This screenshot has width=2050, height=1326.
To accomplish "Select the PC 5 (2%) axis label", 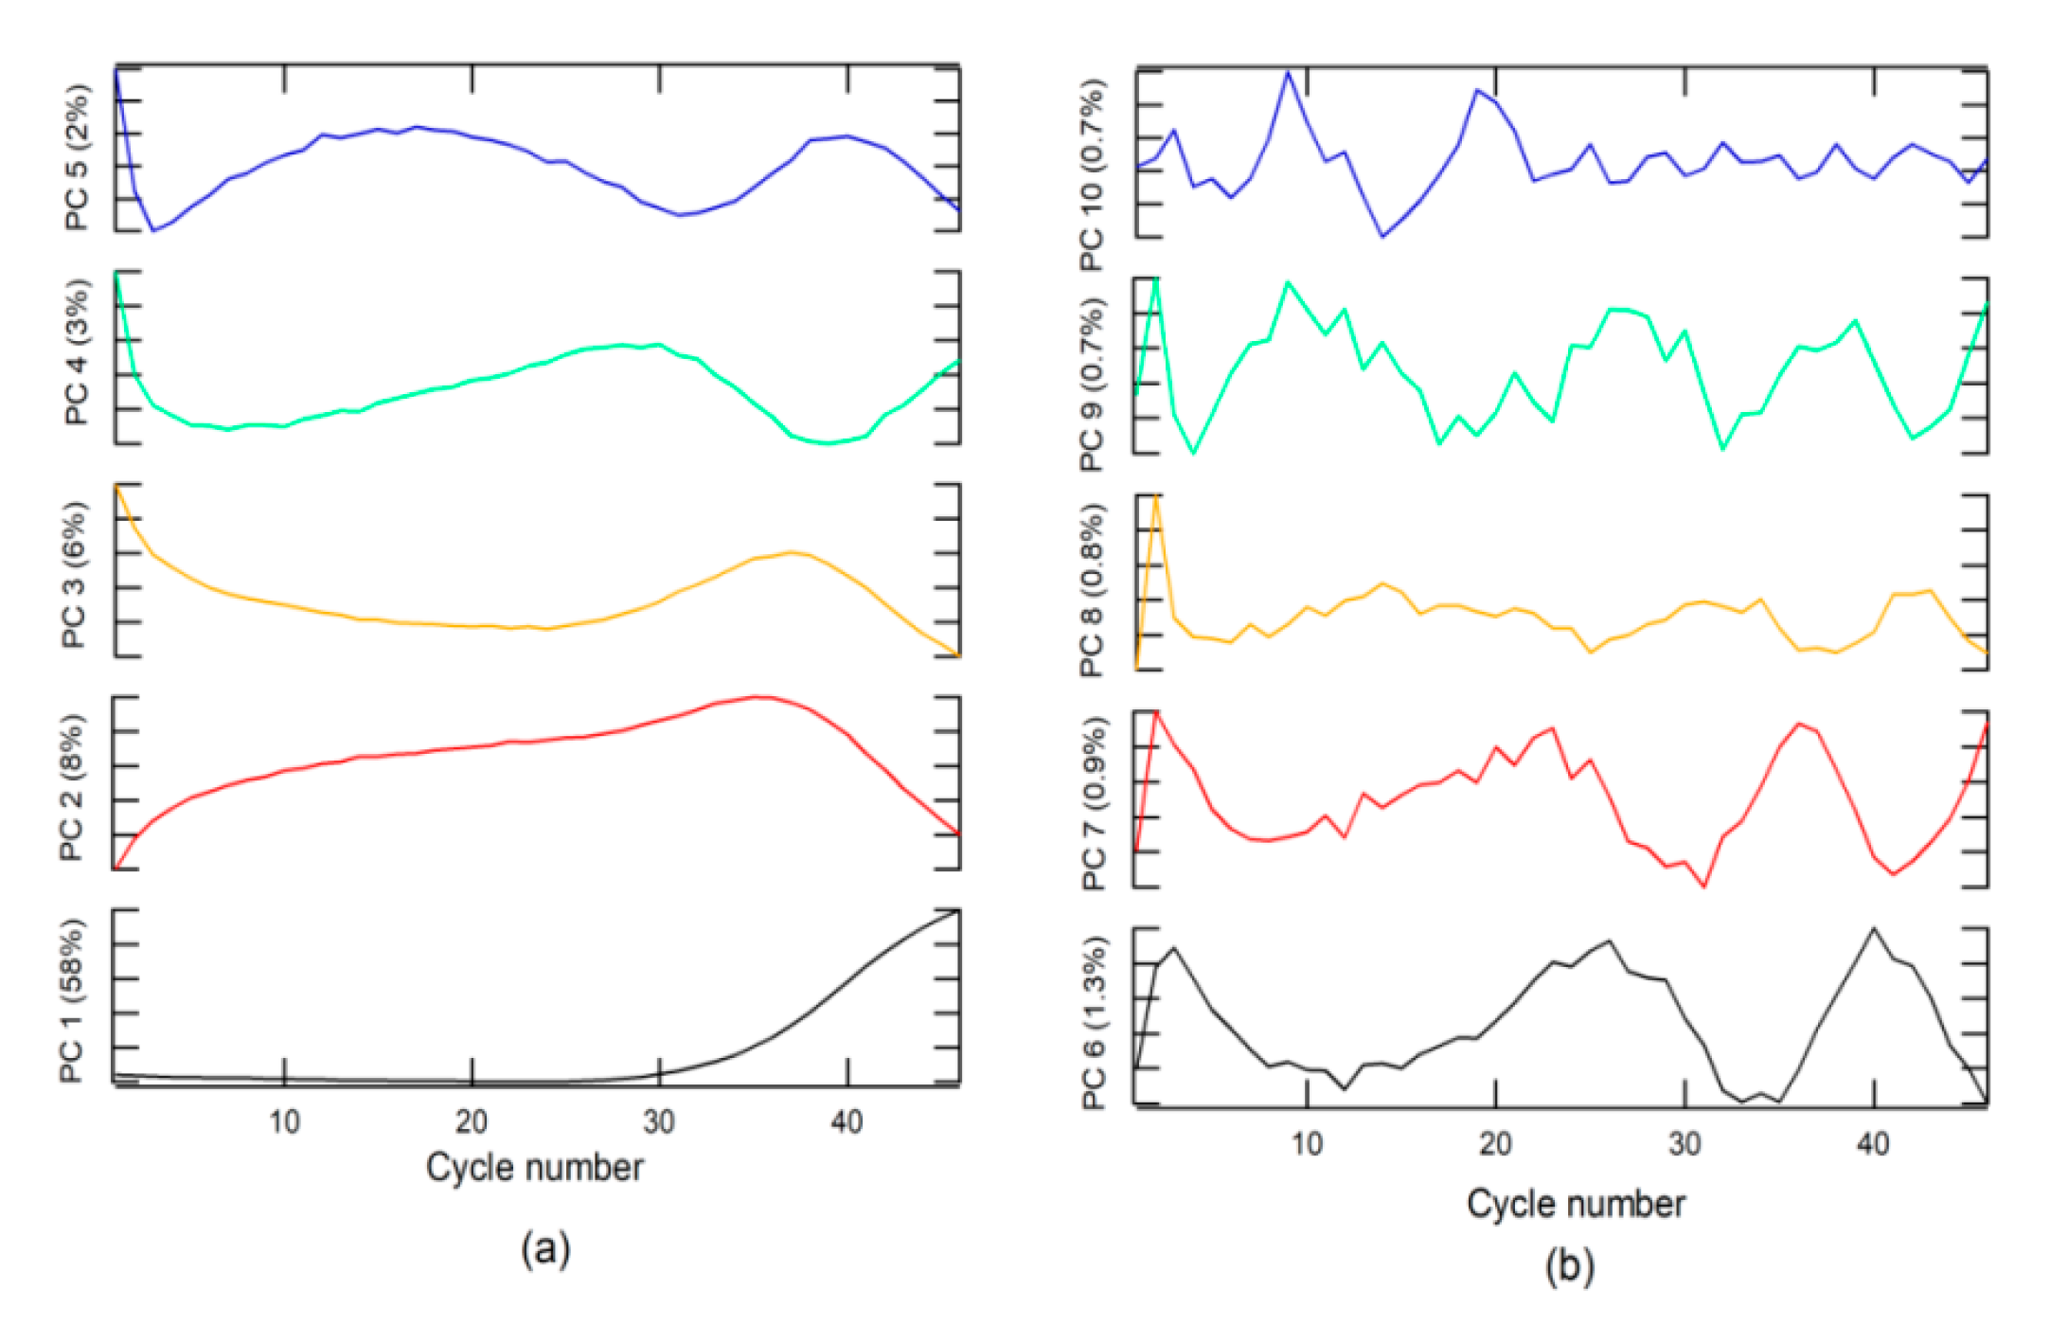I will click(x=76, y=156).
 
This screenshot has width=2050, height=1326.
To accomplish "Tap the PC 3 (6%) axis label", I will click(x=74, y=574).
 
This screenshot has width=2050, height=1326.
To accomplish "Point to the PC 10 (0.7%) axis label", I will click(x=1091, y=175).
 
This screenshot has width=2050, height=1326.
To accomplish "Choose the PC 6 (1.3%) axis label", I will click(x=1093, y=1023).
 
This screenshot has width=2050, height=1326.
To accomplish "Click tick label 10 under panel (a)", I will click(x=284, y=1122).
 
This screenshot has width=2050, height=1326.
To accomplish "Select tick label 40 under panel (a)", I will click(x=847, y=1122).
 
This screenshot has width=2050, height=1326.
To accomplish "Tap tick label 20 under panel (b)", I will click(x=1495, y=1144).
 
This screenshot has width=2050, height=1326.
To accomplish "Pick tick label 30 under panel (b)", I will click(x=1685, y=1144).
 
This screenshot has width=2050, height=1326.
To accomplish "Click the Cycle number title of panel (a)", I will click(x=534, y=1168).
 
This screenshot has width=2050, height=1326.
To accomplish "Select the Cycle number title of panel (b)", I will click(x=1576, y=1204).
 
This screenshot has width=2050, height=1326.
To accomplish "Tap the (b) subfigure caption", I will click(x=1570, y=1266).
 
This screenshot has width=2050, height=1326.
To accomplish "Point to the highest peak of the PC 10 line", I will click(x=1288, y=72).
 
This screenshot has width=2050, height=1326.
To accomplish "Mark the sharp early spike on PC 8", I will click(x=1156, y=496).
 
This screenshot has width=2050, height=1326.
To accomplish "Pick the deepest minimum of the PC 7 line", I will click(x=1704, y=887).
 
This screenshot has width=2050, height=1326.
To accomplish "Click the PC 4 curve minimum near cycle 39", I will click(x=829, y=442).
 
